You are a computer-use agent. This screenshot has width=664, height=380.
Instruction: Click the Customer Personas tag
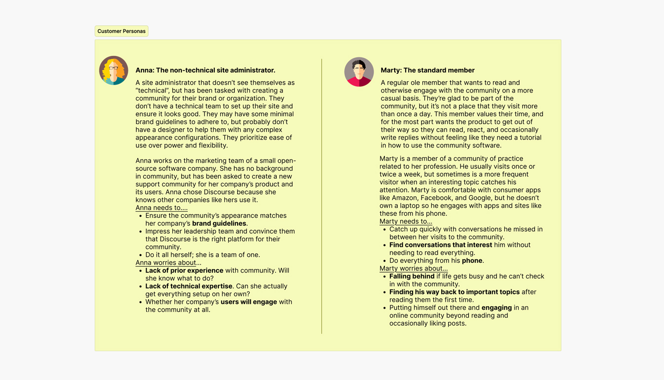(122, 31)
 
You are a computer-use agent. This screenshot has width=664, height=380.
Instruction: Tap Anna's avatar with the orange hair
(114, 70)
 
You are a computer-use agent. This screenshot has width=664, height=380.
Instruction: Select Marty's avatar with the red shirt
(359, 72)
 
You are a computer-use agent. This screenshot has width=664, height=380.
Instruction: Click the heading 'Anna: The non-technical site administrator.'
(205, 70)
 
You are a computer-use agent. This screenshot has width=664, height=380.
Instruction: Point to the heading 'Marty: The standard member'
(427, 70)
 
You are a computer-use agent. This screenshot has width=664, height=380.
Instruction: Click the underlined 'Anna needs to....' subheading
(162, 208)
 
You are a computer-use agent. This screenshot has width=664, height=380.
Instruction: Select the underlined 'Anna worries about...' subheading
(168, 263)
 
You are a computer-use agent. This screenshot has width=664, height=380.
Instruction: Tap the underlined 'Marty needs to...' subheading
(406, 222)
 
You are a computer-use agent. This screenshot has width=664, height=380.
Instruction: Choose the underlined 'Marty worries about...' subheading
(414, 269)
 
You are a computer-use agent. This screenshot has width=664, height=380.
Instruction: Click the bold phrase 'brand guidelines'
(219, 224)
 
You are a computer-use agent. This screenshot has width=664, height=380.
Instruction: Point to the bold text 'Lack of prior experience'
(184, 271)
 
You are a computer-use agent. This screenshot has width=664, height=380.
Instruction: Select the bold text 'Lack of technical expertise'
(189, 286)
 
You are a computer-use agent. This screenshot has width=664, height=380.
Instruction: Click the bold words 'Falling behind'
(412, 277)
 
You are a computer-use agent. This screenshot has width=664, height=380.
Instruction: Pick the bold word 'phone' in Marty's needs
(472, 261)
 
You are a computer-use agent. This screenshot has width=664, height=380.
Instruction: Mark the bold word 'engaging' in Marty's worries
(497, 308)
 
